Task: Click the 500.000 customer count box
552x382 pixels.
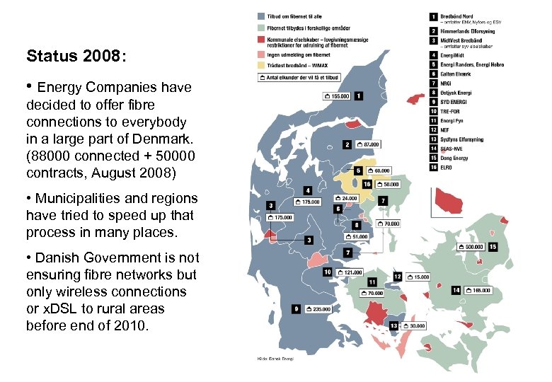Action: [x=471, y=247]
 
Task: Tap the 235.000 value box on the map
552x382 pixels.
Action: [x=316, y=308]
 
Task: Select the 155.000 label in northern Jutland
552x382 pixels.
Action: [x=336, y=95]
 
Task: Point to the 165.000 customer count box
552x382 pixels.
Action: [x=477, y=290]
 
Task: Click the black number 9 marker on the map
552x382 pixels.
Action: [x=294, y=308]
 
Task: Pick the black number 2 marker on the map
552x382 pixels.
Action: [x=347, y=144]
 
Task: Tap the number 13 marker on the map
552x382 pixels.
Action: [x=393, y=325]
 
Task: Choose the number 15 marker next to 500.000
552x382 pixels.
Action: [x=493, y=247]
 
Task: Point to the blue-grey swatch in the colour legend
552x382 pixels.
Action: [x=263, y=15]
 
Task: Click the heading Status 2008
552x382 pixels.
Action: [x=76, y=57]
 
